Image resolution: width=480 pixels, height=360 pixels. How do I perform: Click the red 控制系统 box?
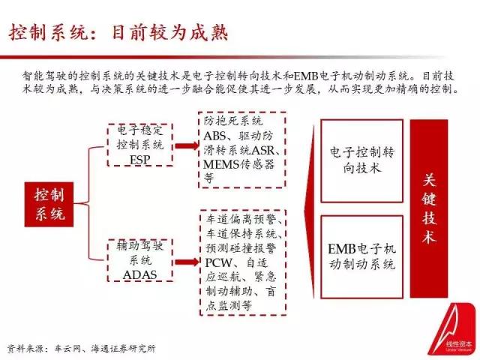click(49, 205)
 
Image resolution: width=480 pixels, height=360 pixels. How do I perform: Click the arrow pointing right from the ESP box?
click(187, 145)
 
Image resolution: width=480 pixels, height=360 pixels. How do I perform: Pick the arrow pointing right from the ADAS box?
click(187, 262)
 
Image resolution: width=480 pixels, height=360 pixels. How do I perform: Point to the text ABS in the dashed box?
click(215, 136)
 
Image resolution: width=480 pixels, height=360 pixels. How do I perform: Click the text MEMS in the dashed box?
click(221, 165)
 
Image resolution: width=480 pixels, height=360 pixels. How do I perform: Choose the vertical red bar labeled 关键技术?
click(429, 208)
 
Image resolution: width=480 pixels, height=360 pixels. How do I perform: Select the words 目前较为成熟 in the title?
click(169, 32)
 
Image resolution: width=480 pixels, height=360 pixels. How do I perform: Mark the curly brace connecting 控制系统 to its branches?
click(89, 203)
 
